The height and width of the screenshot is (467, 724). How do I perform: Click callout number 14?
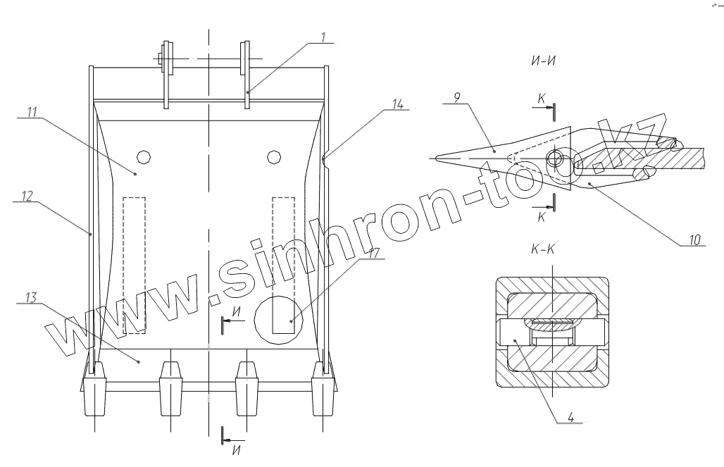(398, 104)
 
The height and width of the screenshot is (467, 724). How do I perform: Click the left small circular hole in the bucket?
(144, 155)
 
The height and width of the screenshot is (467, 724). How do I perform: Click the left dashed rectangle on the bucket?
(134, 264)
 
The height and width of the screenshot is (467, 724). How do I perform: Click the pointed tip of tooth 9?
(436, 159)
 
